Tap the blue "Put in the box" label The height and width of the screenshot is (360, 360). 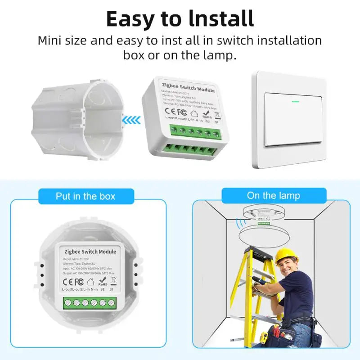(85, 196)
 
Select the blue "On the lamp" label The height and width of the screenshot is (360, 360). (273, 196)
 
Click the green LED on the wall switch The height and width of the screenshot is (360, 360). (296, 101)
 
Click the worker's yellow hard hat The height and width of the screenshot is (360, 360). (286, 255)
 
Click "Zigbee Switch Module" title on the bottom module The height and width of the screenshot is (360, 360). (90, 252)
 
